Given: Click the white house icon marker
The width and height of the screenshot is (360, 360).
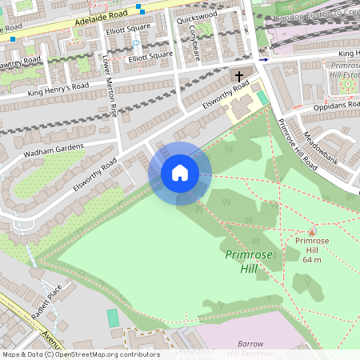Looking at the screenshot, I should coord(180,173).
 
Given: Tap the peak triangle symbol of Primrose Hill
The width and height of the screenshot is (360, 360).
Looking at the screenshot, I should coord(312,231).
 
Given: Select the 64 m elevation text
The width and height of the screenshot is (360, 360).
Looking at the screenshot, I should coord(312,259).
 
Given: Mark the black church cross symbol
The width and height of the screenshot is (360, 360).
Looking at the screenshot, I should coord(238,77).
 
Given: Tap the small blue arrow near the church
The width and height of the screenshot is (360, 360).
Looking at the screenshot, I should coord(264,58).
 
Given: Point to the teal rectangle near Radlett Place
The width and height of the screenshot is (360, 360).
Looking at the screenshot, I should coord(113,318).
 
